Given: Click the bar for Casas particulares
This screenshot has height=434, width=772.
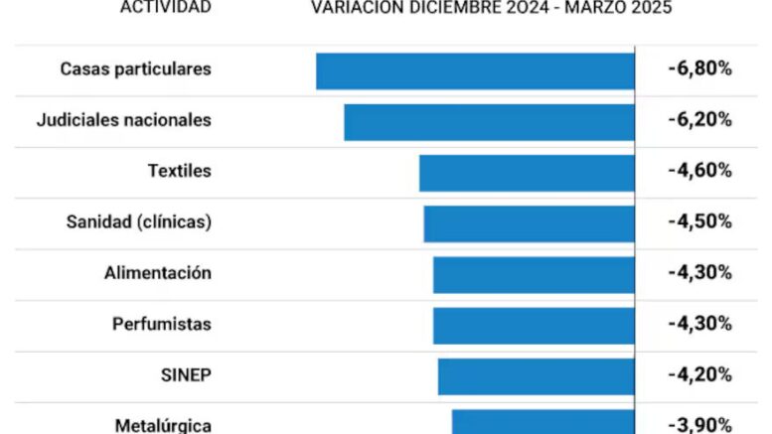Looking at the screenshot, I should [x=475, y=71].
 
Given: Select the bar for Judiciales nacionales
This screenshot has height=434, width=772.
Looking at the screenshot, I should [x=489, y=121].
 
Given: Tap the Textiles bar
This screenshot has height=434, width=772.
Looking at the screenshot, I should [x=527, y=172].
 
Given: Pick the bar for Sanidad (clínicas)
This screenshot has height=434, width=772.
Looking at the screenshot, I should [x=529, y=223].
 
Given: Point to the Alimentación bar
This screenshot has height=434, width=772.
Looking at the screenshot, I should [x=534, y=274].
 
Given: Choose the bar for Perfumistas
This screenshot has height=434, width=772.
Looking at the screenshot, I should [x=534, y=325].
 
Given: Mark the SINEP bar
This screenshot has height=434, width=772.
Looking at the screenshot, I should [x=536, y=376].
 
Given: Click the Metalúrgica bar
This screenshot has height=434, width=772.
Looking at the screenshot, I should [x=542, y=422].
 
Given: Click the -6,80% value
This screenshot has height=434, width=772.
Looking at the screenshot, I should [x=699, y=70].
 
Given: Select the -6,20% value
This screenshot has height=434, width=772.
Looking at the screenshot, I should [x=699, y=120].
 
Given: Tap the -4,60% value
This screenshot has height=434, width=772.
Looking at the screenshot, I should [x=699, y=171].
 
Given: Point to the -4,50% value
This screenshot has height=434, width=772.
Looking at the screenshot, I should [x=699, y=222].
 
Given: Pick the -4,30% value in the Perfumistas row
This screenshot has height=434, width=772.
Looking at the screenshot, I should [x=699, y=324].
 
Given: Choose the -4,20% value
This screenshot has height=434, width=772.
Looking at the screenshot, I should [x=699, y=375].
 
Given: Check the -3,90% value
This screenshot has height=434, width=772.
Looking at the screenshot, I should [x=699, y=425].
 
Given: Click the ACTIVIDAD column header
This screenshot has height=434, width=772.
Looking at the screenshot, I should [x=165, y=8].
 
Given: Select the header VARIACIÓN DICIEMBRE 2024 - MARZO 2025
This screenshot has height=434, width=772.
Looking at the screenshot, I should [x=491, y=8].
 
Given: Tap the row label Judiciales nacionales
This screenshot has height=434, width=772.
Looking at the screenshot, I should [x=123, y=120].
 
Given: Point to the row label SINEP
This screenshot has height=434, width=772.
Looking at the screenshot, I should [x=186, y=375].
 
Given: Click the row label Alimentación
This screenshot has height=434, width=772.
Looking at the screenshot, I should [x=158, y=273].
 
